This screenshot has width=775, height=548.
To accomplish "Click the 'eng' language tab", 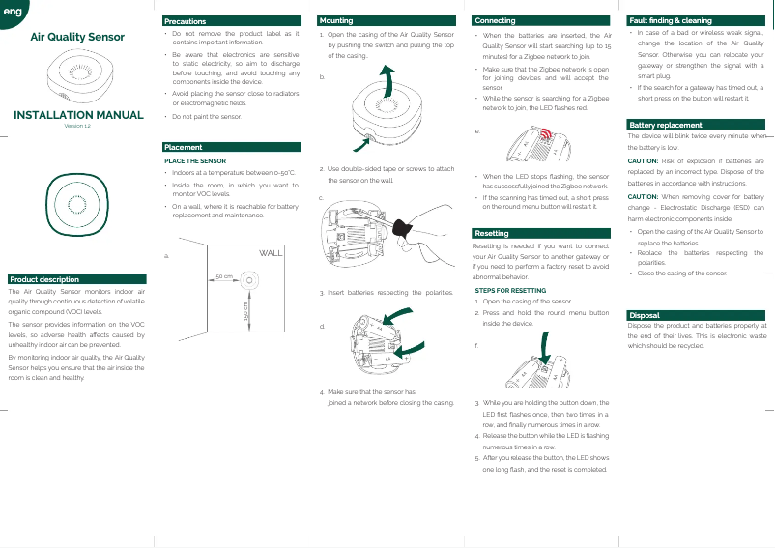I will click(x=11, y=11).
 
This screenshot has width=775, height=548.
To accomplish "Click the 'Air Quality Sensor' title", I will click(x=77, y=38).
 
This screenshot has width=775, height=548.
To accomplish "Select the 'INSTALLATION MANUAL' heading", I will click(x=78, y=115).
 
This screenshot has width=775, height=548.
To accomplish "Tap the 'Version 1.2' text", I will click(x=77, y=126).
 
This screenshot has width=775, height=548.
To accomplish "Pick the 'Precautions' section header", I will click(x=186, y=20).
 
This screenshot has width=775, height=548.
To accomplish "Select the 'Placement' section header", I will click(x=184, y=147).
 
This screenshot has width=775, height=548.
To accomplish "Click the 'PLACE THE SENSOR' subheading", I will click(x=196, y=160).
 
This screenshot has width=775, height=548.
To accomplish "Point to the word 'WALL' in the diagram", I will click(x=271, y=253).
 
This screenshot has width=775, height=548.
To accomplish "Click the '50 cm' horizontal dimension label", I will click(x=224, y=276).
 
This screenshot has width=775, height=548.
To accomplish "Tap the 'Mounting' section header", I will click(x=337, y=20).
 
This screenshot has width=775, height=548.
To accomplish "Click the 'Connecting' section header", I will click(x=495, y=20).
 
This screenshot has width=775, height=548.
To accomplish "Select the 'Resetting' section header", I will click(x=492, y=234).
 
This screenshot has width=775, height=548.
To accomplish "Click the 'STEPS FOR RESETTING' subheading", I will click(x=511, y=290).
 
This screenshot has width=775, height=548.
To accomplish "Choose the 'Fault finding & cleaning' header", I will click(x=671, y=20).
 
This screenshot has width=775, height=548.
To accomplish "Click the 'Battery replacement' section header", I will click(x=666, y=126).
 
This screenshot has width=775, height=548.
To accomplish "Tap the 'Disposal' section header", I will click(x=645, y=315).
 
